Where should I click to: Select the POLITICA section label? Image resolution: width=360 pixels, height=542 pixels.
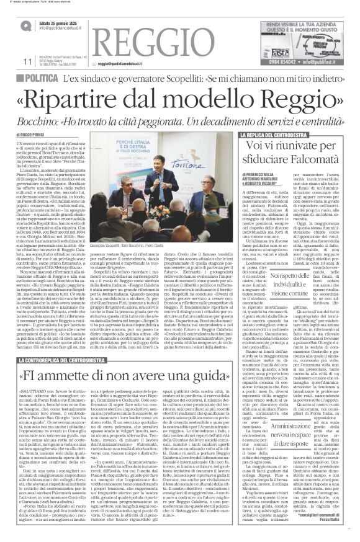coord(47,79)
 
